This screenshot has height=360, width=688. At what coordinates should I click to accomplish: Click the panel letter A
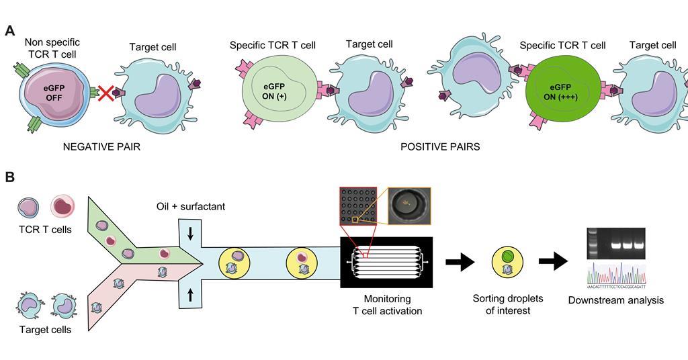pos(10,30)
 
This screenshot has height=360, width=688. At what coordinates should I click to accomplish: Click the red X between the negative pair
pos(106,93)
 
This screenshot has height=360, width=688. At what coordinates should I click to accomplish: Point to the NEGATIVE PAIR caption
pos(101,146)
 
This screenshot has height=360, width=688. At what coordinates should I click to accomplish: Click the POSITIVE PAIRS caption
pos(440,146)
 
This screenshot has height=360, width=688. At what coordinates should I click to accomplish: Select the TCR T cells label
pos(45,230)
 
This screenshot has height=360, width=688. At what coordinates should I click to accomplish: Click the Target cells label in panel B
pos(44,330)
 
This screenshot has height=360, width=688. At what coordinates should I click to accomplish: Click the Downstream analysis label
pos(615,300)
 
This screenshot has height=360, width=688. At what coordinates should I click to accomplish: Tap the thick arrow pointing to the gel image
pos(553,261)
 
